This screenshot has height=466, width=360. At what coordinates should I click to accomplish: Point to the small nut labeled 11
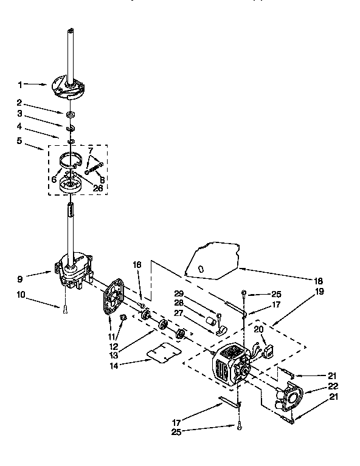click(x=122, y=317)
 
